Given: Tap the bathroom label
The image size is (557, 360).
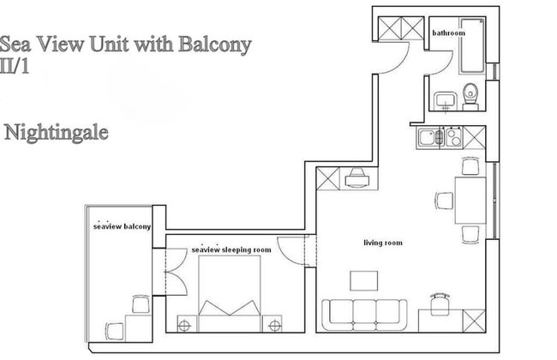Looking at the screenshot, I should click(448, 33).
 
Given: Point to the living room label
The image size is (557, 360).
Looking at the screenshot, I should click(382, 243).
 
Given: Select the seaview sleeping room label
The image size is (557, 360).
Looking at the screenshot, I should click(231, 249).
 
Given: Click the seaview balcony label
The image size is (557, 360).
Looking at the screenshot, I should click(122, 226).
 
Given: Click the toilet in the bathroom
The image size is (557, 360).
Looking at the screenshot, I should click(470, 97).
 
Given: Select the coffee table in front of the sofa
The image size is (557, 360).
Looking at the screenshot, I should click(364, 280).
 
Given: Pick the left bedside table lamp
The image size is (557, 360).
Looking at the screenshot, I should click(183, 324).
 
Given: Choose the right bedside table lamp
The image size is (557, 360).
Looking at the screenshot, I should click(275, 324).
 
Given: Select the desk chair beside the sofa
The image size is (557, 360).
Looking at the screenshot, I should click(440, 302).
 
